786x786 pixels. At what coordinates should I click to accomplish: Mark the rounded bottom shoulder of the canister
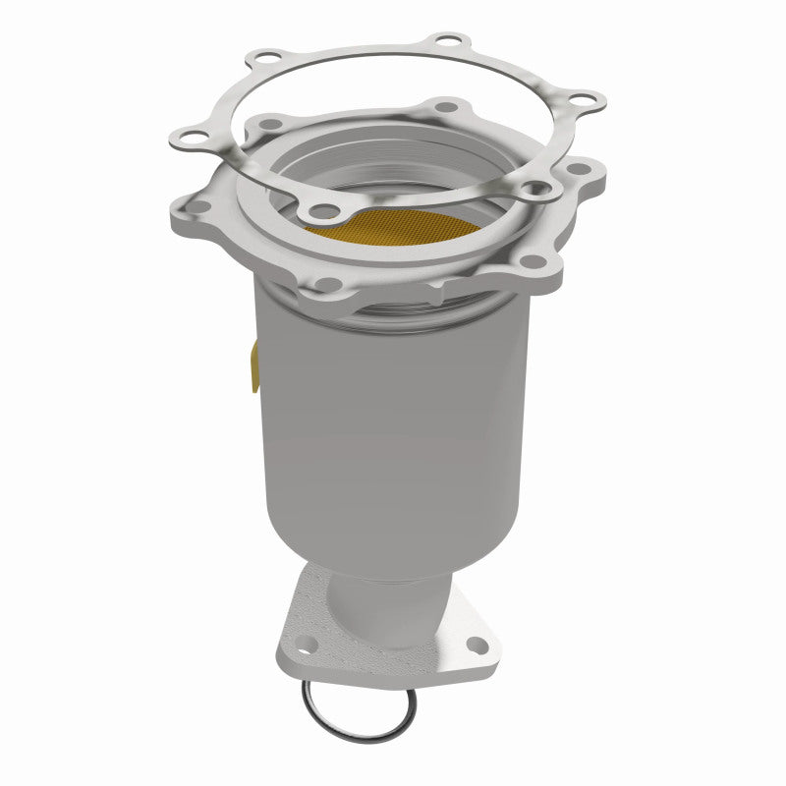click(393, 555)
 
